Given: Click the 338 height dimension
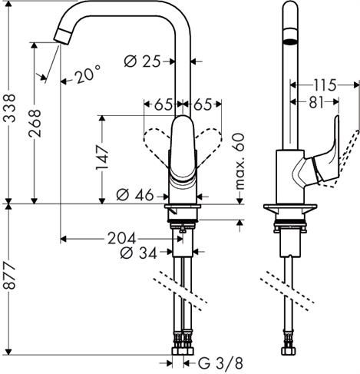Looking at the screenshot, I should (x=9, y=99).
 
